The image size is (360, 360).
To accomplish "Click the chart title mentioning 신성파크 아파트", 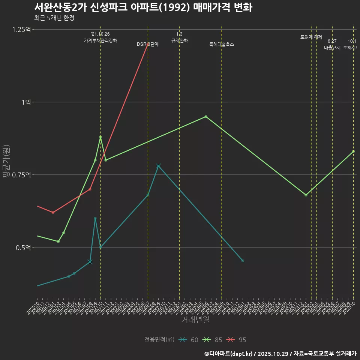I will click(143, 7).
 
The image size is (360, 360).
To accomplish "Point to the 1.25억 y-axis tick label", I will click(21, 30).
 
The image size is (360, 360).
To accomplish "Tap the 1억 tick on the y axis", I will click(26, 102).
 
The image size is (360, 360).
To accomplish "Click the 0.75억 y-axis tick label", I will click(21, 175).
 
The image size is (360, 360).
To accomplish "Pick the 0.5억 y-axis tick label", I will click(23, 247).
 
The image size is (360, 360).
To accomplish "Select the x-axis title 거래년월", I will click(195, 319).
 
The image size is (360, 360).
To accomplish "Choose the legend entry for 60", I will click(189, 340).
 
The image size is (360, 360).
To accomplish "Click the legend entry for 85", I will click(213, 340).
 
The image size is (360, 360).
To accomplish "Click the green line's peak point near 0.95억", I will click(206, 117).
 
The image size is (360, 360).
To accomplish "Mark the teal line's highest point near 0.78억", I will click(158, 166).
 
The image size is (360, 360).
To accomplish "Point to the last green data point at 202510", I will click(353, 151).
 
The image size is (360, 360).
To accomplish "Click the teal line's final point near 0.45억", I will click(243, 261).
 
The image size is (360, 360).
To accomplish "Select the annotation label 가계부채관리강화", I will click(100, 40).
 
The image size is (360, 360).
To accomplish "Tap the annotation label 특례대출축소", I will click(222, 44).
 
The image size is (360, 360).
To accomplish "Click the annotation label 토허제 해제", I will click(311, 37).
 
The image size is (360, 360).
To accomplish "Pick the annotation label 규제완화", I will click(179, 40).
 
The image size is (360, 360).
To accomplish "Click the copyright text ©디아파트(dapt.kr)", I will click(229, 354).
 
